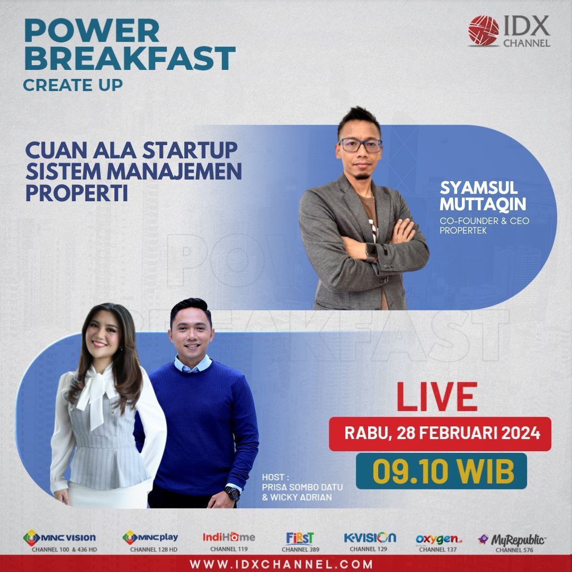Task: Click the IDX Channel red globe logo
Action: coord(484,31)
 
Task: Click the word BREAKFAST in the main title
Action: coord(130,58)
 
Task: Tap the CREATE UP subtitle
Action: coord(73,85)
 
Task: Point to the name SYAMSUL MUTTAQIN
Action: coord(483,196)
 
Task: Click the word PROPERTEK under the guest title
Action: coord(463,230)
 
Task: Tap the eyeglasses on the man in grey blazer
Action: coord(360,145)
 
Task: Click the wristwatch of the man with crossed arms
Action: coord(371,252)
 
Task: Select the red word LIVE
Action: coord(437,397)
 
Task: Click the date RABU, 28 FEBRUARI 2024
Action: coord(442,433)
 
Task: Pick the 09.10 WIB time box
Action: coord(441,471)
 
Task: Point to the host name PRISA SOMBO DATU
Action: coord(302,487)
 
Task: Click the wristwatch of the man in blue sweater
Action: coord(232,493)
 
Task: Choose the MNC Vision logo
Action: coord(59,538)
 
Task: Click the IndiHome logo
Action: coord(229,537)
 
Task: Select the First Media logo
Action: coord(300,539)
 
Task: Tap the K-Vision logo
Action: coord(370,538)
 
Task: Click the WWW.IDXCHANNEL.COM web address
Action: coord(281,565)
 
